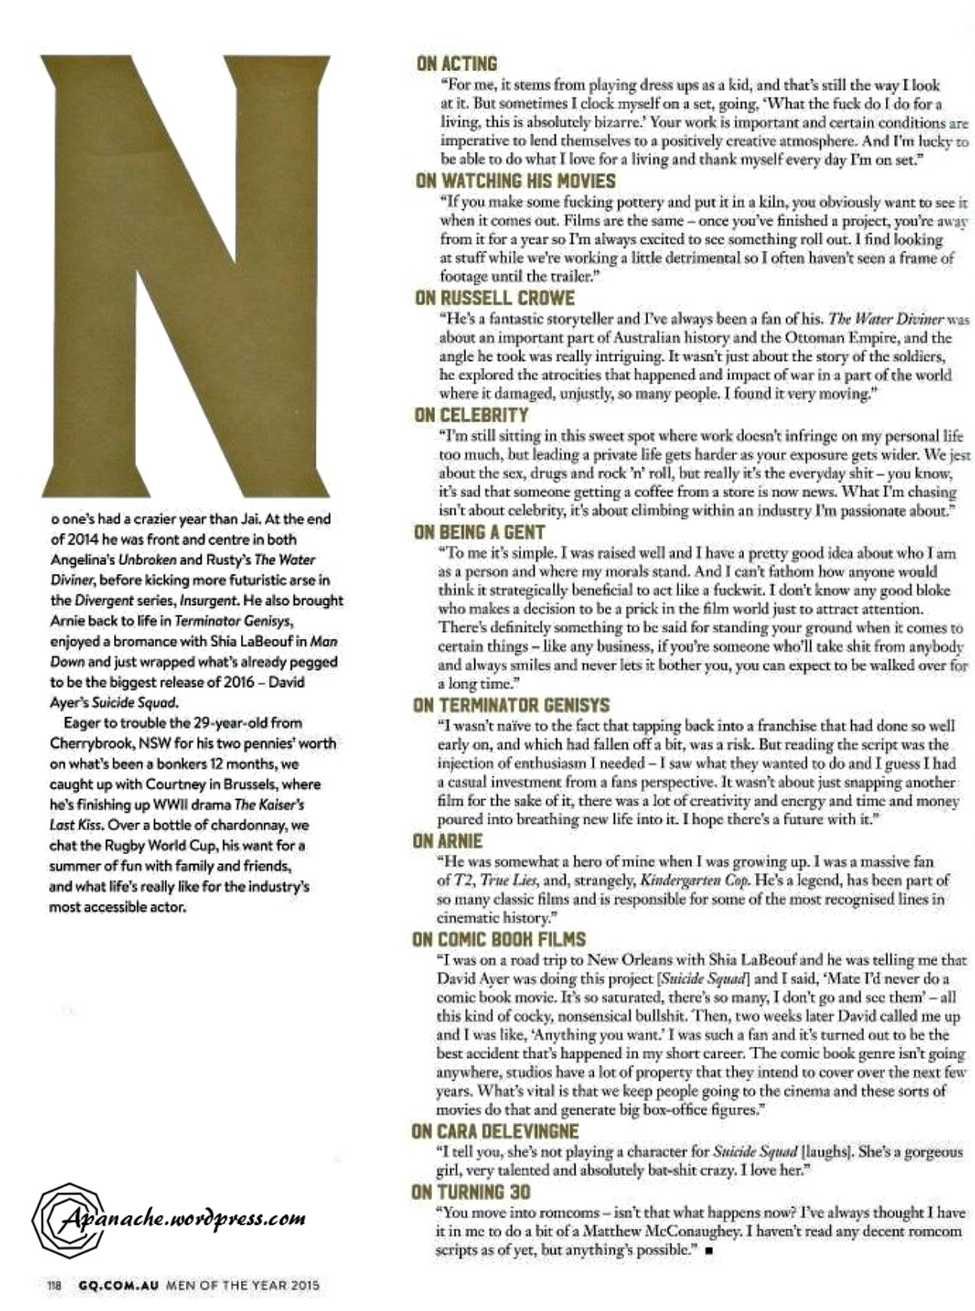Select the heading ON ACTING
click(456, 64)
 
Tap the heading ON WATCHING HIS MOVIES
click(515, 181)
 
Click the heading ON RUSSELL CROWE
click(494, 298)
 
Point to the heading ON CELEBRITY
click(471, 415)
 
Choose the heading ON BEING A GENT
click(479, 532)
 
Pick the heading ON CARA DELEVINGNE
click(495, 1131)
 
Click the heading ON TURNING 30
click(471, 1192)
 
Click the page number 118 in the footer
click(54, 1285)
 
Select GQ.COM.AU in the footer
click(113, 1285)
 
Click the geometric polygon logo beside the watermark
click(66, 1220)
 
